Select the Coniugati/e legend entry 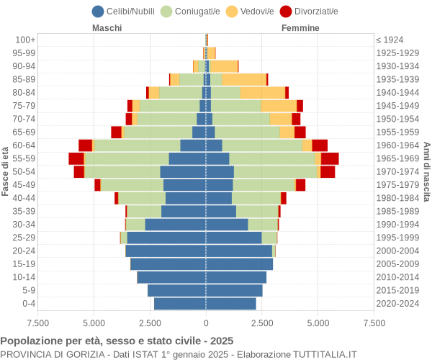[x=191, y=11]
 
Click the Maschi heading [x=107, y=28]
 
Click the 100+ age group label [x=26, y=40]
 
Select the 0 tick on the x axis [x=206, y=323]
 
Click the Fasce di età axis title [x=6, y=171]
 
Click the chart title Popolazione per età [x=117, y=341]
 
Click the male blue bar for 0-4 [x=180, y=304]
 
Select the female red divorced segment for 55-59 [x=330, y=158]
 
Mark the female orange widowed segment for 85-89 [x=244, y=79]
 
